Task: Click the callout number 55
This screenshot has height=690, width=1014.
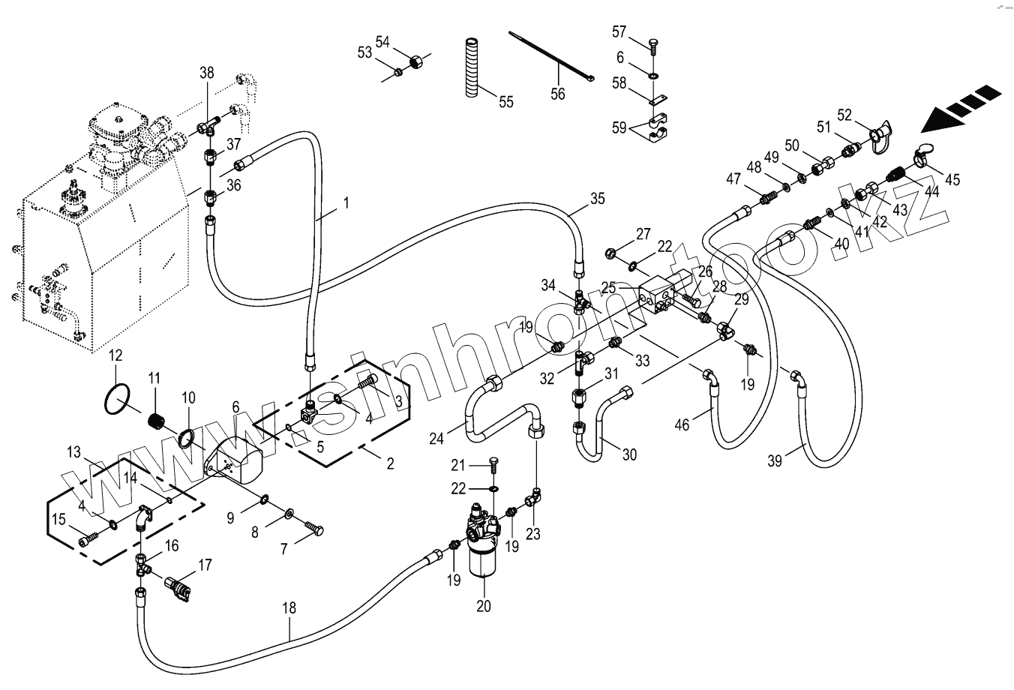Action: (506, 102)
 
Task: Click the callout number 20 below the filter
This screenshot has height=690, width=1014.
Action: (484, 606)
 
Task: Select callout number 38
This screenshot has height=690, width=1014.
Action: (206, 73)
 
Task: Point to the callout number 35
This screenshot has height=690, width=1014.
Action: (597, 199)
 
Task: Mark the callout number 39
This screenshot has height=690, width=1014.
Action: (775, 461)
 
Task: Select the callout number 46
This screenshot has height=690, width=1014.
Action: (682, 425)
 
